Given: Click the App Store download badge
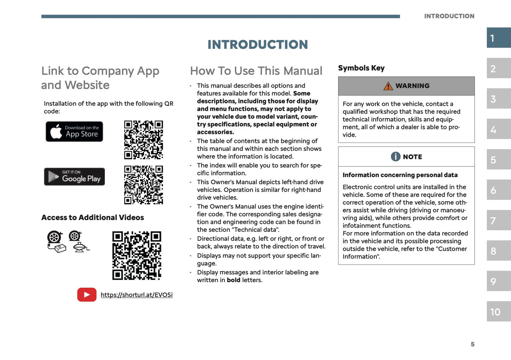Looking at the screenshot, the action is (74, 131).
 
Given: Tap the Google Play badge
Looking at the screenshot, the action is (75, 177).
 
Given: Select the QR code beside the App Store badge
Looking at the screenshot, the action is (144, 140).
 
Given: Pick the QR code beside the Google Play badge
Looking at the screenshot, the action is (144, 185).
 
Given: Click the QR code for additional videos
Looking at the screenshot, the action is (137, 256).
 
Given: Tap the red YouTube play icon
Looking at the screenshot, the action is (87, 294).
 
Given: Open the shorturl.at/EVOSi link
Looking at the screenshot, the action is (137, 295).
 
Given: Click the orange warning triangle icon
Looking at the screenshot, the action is (388, 86).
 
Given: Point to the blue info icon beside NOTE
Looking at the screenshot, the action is (396, 157).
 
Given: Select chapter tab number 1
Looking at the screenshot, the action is (499, 37).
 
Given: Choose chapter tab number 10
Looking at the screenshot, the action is (499, 311).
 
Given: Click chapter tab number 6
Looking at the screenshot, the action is (499, 190).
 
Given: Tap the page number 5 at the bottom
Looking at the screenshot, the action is (472, 344).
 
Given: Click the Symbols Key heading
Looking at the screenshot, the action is (362, 68).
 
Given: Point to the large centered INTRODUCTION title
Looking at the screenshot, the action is (258, 44).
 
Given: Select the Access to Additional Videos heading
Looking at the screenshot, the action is (93, 217).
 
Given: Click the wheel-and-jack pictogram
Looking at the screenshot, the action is (79, 241).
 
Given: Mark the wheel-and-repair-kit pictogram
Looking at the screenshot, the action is (56, 242).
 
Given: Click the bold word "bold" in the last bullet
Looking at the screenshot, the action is (233, 280).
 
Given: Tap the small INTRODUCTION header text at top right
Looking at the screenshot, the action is (449, 16).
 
